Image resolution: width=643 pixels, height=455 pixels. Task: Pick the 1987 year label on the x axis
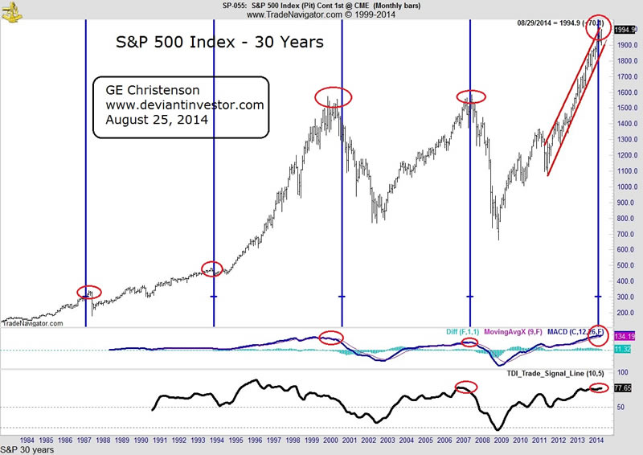pyautogui.click(x=84, y=441)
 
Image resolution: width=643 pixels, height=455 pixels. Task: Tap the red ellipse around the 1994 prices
pyautogui.click(x=211, y=268)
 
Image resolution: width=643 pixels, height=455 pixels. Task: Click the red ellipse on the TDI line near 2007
pyautogui.click(x=466, y=387)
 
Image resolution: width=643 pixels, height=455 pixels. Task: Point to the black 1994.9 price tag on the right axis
pyautogui.click(x=626, y=29)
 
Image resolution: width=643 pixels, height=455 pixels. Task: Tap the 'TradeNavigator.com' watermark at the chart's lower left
pyautogui.click(x=32, y=323)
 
